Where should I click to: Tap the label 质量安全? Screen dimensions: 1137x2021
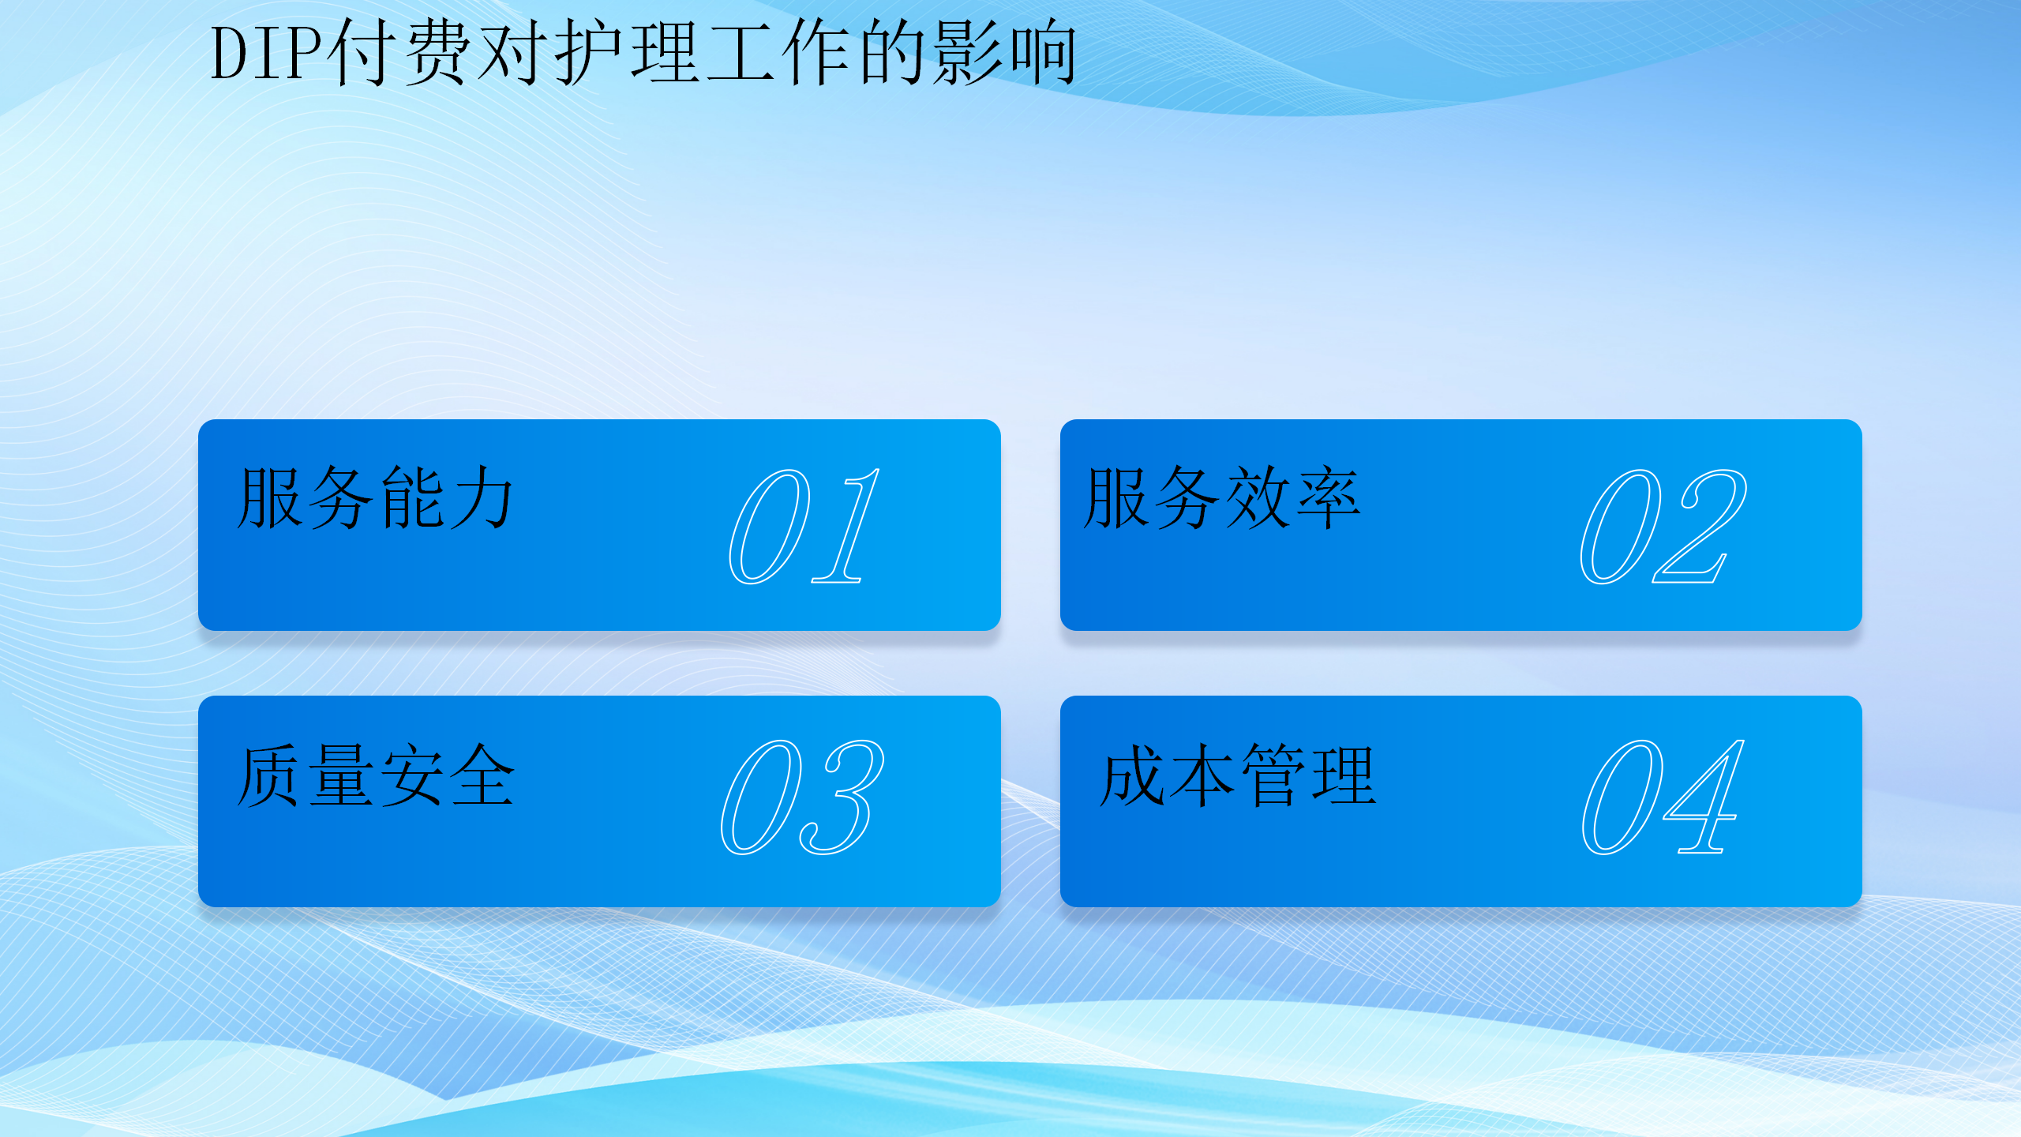tap(376, 775)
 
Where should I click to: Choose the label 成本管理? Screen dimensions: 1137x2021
tap(1238, 775)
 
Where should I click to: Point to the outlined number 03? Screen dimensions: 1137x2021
tap(802, 797)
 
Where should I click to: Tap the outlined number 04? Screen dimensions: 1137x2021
tap(1663, 797)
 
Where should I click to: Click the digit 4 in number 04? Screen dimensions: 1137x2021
tap(1707, 799)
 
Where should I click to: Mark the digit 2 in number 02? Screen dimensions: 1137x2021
tap(1705, 527)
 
